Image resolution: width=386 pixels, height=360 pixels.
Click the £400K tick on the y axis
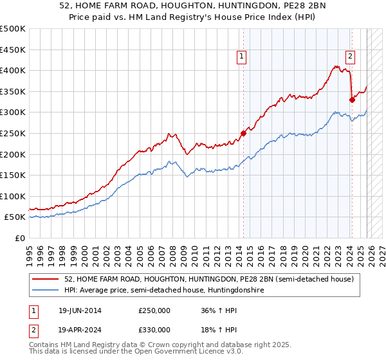(13, 71)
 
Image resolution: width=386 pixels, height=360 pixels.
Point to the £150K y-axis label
(13, 175)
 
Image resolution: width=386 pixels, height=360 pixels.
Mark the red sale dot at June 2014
(243, 133)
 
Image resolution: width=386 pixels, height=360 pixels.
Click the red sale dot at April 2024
(352, 100)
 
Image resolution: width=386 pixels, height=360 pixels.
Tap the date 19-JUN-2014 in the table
(80, 310)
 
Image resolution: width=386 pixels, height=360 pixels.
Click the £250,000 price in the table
(154, 310)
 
